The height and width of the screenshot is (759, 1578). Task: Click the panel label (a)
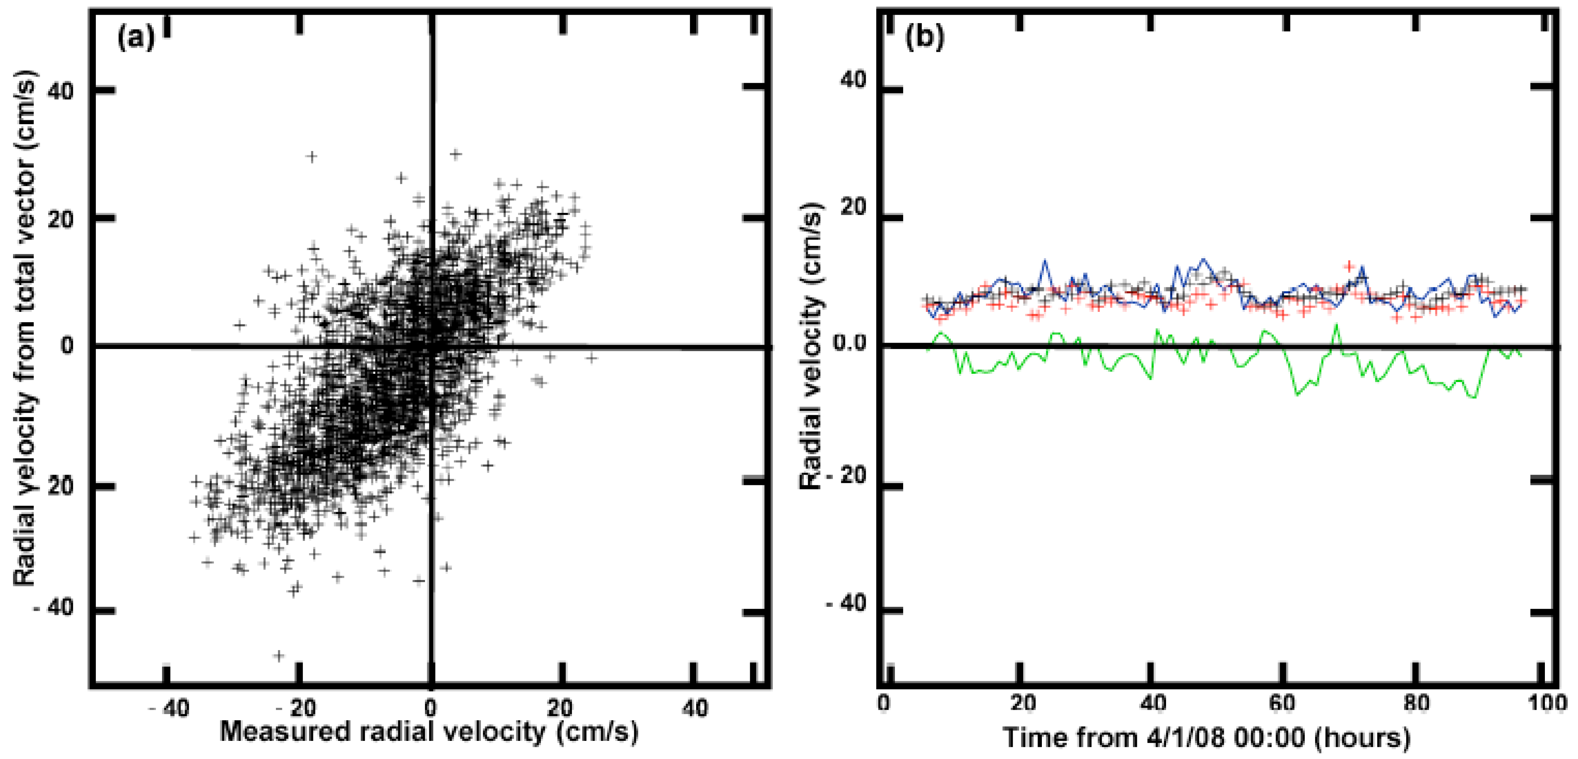pos(136,38)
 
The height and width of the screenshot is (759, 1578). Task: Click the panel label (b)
pos(924,38)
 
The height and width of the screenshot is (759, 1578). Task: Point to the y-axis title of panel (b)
pos(812,346)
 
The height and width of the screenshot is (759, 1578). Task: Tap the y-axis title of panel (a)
pos(26,328)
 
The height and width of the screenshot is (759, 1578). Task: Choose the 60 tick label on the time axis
pos(1282,703)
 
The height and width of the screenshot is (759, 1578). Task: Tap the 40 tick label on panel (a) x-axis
pos(695,709)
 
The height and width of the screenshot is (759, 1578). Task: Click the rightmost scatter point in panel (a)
pos(591,357)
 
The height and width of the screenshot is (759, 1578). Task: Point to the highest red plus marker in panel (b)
pos(1349,266)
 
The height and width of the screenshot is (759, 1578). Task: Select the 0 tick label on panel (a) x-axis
pos(430,709)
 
